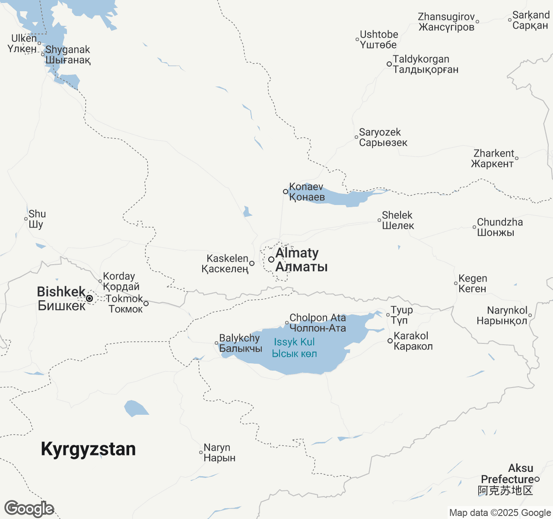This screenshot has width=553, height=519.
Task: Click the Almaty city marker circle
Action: tap(271, 259)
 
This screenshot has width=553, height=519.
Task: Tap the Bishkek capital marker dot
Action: tap(89, 298)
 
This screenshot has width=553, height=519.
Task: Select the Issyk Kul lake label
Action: tap(294, 348)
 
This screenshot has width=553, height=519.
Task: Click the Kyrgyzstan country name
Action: tap(88, 449)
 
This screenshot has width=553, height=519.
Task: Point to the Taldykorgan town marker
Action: tap(389, 64)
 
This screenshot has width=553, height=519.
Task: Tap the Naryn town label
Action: tap(219, 452)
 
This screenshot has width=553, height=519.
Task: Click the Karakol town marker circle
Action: tap(390, 341)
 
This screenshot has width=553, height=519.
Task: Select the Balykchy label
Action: tap(240, 343)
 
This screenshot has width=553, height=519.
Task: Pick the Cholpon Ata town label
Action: tap(318, 323)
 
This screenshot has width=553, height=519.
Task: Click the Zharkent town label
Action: tap(493, 158)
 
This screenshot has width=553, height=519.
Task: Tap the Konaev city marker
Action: tap(286, 192)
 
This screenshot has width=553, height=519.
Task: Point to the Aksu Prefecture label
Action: tap(507, 479)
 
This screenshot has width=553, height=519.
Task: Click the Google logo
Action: tap(29, 509)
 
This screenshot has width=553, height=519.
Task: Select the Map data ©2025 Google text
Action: tap(500, 513)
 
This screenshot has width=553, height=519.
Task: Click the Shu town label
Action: tap(37, 219)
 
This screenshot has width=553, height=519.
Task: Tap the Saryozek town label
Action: tap(383, 137)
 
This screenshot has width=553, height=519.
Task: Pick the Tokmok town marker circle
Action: tap(146, 304)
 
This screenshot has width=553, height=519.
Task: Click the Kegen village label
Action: tap(473, 283)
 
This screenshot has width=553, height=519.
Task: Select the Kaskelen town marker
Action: tap(252, 263)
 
